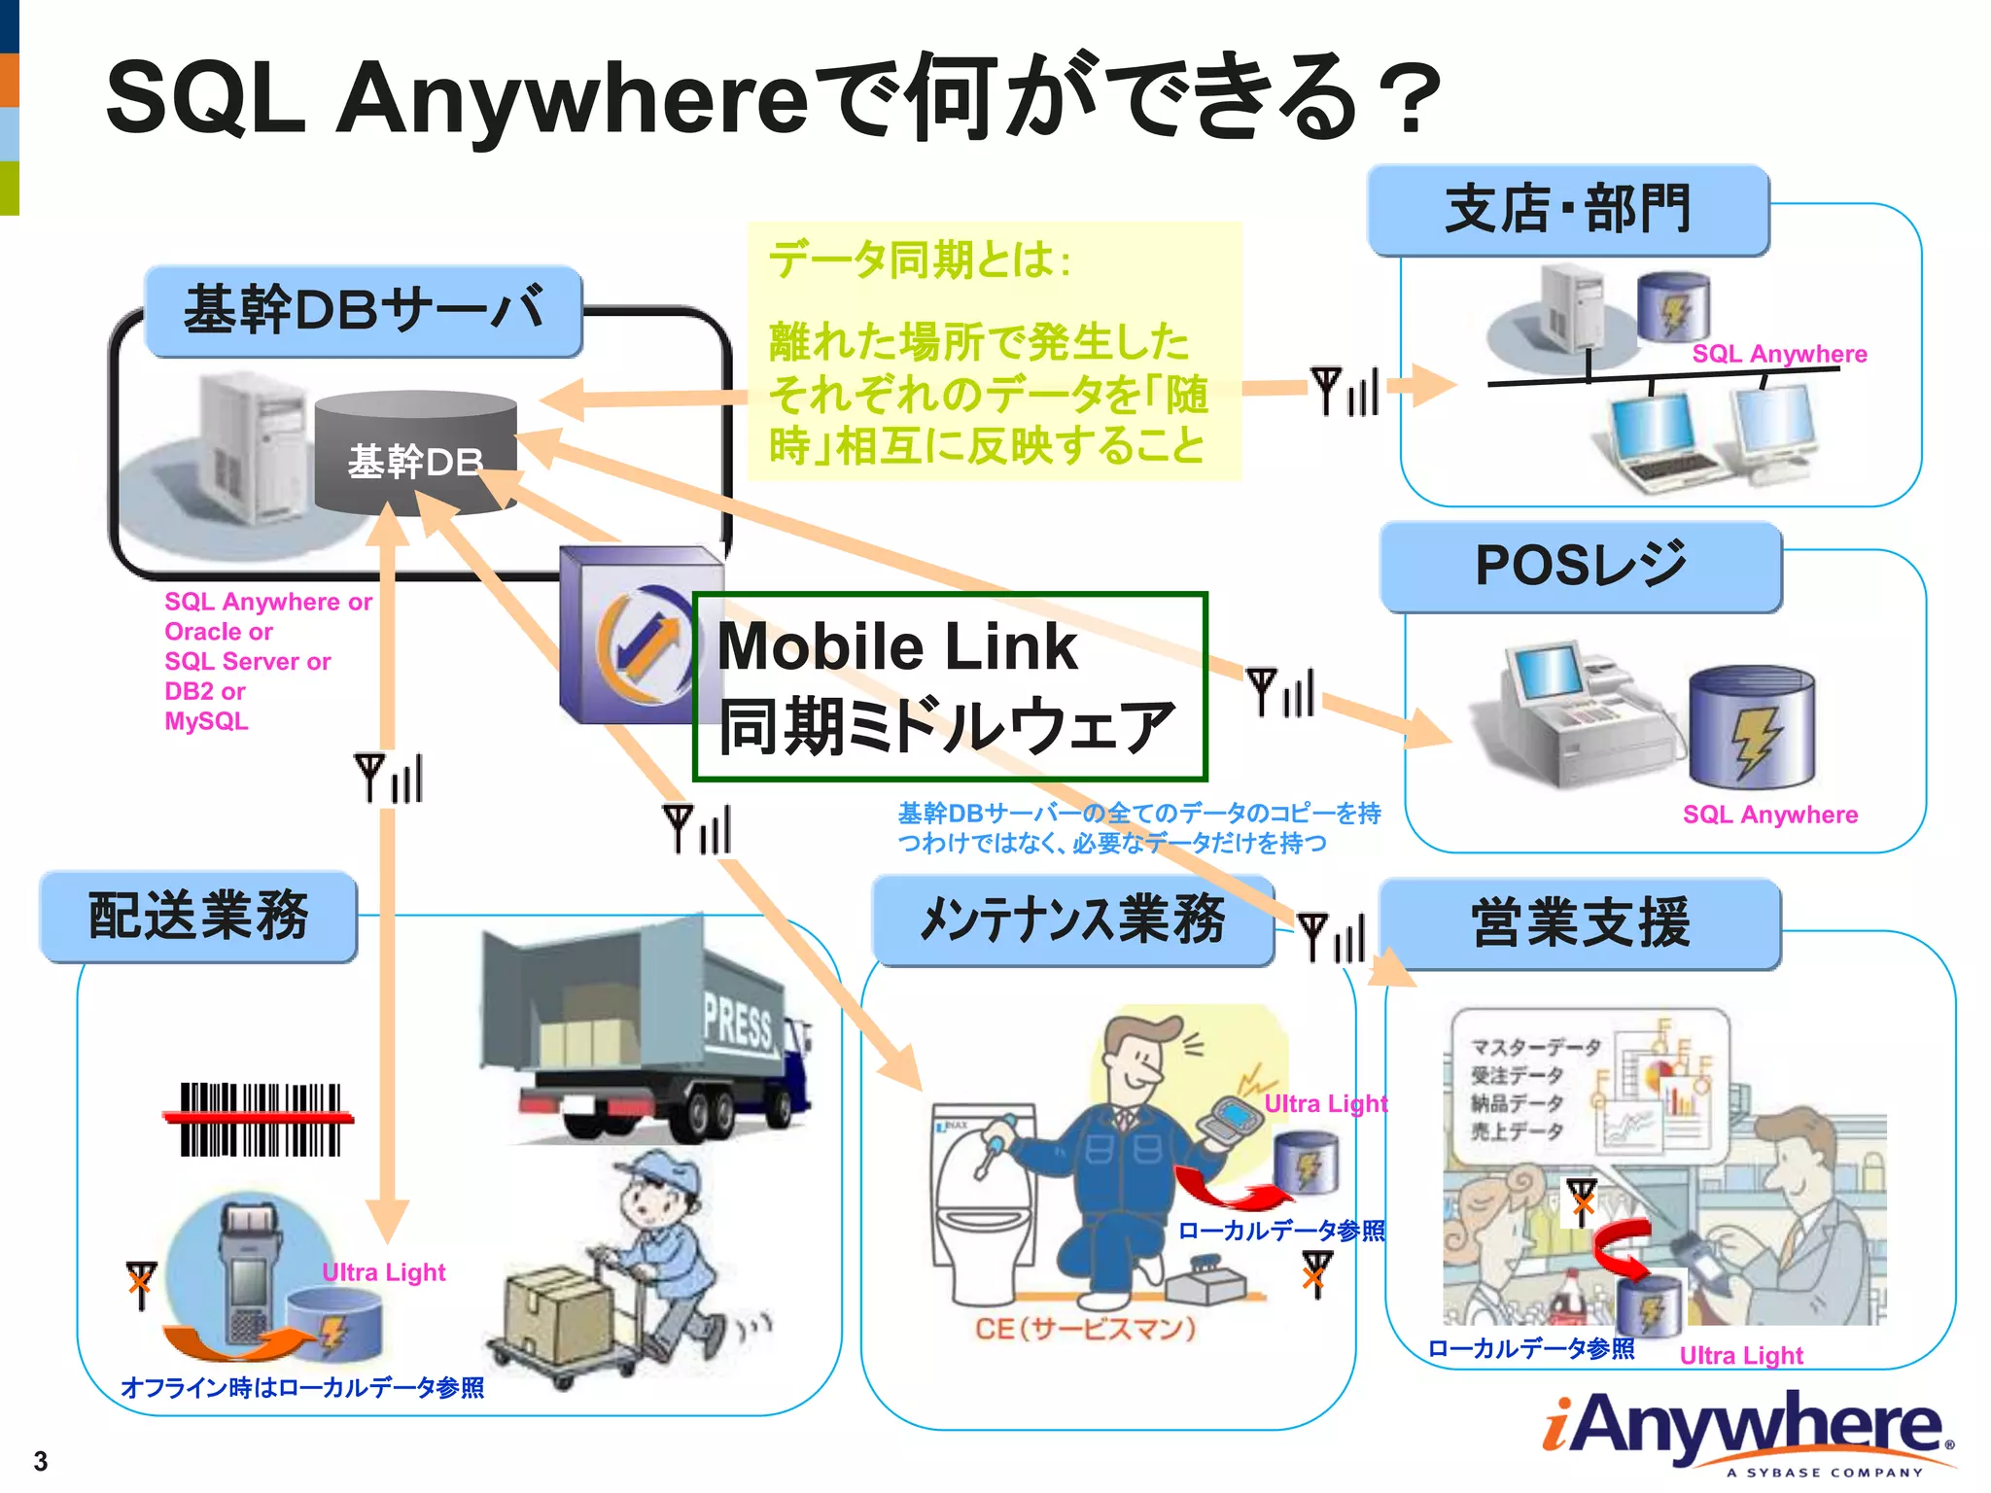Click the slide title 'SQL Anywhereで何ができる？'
[x=773, y=97]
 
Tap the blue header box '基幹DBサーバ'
[x=364, y=311]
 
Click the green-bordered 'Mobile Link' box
[x=949, y=686]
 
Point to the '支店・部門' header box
[x=1567, y=210]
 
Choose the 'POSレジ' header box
[x=1581, y=567]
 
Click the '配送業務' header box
[x=198, y=917]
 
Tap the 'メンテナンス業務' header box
[x=1072, y=920]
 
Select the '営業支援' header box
[x=1580, y=923]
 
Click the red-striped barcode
[x=260, y=1119]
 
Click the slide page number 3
[x=41, y=1460]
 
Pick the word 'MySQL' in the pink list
[x=206, y=721]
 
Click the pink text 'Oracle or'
[x=219, y=632]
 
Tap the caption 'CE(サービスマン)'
[x=1085, y=1328]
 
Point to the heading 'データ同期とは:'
[x=920, y=260]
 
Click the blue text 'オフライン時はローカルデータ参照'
[x=302, y=1387]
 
